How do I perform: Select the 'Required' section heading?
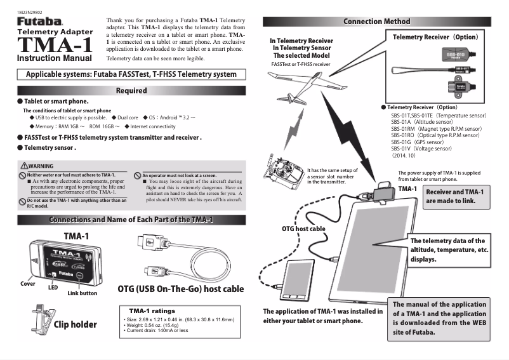click(x=131, y=91)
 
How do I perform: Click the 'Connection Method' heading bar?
click(x=381, y=22)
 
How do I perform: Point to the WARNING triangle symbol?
click(x=23, y=166)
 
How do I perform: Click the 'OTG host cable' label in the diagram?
click(x=303, y=227)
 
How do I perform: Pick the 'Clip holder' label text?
click(x=75, y=324)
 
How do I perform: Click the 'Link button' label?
click(x=83, y=293)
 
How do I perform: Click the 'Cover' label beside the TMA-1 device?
click(x=27, y=283)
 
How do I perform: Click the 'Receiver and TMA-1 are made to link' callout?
click(x=454, y=196)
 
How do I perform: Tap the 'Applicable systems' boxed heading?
click(x=131, y=74)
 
